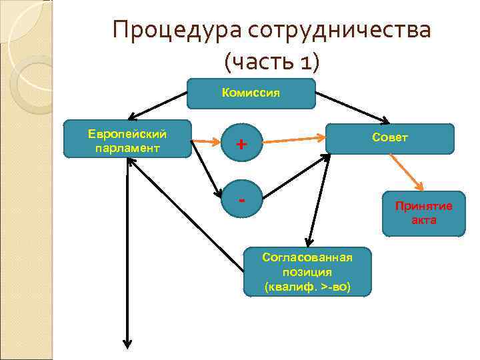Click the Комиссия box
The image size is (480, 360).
(x=251, y=94)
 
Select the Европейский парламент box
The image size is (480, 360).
(x=127, y=139)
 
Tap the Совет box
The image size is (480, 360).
(x=390, y=139)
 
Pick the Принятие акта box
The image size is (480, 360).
(x=423, y=213)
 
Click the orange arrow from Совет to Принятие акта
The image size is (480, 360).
(x=406, y=173)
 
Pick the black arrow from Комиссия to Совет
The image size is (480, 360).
(x=353, y=107)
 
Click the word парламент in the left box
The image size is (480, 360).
(x=127, y=148)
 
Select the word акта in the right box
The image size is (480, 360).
(x=423, y=220)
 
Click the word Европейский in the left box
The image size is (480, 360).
(x=127, y=133)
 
